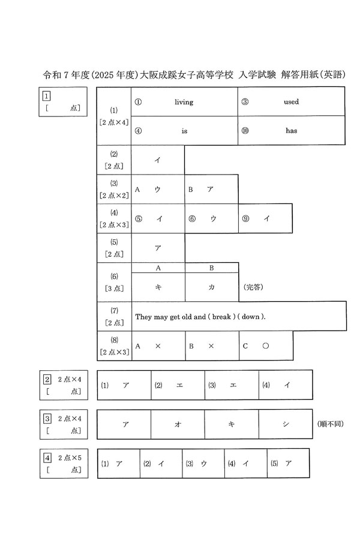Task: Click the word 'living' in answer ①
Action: [x=184, y=102]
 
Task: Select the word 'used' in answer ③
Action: [x=291, y=102]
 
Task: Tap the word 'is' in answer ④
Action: [x=184, y=131]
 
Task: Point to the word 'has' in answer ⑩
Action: [x=291, y=131]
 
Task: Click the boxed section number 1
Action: [x=46, y=95]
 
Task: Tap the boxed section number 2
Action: [x=46, y=379]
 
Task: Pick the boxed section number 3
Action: [x=46, y=418]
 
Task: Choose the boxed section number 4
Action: [x=46, y=458]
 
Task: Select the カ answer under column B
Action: [x=211, y=287]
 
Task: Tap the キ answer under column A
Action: [x=158, y=287]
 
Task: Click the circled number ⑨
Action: [x=244, y=219]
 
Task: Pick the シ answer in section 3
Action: [x=286, y=424]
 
